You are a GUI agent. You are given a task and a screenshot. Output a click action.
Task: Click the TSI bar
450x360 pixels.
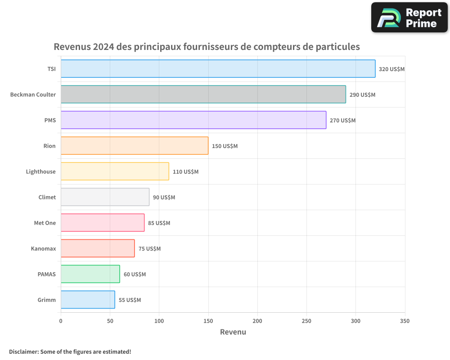coord(218,69)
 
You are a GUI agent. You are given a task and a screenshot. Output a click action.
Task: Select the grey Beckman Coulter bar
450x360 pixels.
coord(203,94)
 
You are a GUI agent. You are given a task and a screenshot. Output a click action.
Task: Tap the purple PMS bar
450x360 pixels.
coord(193,120)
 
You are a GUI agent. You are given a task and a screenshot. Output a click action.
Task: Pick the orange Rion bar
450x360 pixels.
coord(134,146)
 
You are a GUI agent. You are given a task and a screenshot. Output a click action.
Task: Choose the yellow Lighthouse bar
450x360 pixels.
coord(115,171)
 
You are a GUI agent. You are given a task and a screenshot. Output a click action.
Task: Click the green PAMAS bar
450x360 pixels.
coord(90,274)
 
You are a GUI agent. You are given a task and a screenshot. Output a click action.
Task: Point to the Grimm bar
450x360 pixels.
coord(88,300)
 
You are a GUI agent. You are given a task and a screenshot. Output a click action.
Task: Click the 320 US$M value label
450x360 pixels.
coord(391,69)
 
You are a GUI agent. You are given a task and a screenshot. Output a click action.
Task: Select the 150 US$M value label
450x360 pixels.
coord(225,146)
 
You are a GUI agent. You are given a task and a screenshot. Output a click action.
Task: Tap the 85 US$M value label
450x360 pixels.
coord(159,223)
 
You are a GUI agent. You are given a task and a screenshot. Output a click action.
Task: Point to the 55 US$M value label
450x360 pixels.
coord(130,300)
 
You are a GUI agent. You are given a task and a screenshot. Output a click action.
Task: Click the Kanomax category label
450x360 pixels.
coord(43,248)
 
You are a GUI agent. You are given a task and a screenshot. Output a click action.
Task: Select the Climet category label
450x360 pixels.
coord(47,197)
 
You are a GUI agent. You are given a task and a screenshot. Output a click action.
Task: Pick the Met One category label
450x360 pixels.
coord(45,223)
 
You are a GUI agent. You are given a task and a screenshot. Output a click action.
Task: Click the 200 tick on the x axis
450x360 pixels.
coord(257,321)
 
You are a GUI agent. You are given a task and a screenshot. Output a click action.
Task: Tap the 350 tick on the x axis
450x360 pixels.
coord(405,321)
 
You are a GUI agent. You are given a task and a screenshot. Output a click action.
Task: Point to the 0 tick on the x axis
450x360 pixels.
coord(61,321)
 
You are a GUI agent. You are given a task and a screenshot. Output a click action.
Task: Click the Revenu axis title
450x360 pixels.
coord(233,332)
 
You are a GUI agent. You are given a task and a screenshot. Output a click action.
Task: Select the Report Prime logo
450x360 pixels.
coord(409,18)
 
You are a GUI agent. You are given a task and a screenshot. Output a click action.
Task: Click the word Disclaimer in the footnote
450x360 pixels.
coord(23,351)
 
